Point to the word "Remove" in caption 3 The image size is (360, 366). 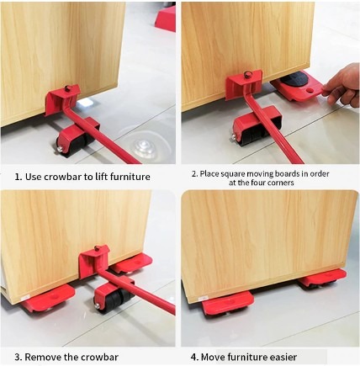pyautogui.click(x=43, y=358)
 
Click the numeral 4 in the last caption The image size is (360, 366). pyautogui.click(x=193, y=358)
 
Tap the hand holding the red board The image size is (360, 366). pyautogui.click(x=341, y=84)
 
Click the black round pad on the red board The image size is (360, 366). pyautogui.click(x=294, y=77)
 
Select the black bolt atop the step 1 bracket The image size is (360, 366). pyautogui.click(x=67, y=88)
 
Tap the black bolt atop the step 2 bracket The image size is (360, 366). pyautogui.click(x=247, y=75)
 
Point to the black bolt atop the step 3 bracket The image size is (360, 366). pyautogui.click(x=97, y=249)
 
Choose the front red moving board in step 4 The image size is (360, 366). pyautogui.click(x=228, y=303)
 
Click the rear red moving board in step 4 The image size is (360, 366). pyautogui.click(x=322, y=278)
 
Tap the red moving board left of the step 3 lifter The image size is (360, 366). pyautogui.click(x=48, y=299)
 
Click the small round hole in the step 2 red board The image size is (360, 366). pyautogui.click(x=310, y=90)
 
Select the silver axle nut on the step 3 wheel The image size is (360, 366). pyautogui.click(x=97, y=306)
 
